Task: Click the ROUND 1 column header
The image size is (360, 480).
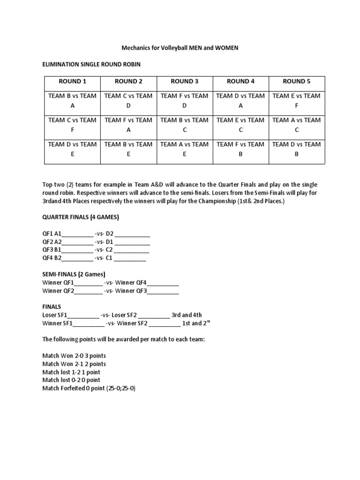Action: (72, 81)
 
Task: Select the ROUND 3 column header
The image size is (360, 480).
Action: (184, 81)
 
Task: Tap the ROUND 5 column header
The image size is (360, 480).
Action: (296, 81)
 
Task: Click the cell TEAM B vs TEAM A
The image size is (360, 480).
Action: (72, 101)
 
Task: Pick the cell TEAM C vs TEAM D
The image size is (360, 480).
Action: (128, 101)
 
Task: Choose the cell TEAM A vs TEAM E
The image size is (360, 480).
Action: (184, 149)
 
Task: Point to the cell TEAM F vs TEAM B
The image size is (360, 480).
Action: (240, 149)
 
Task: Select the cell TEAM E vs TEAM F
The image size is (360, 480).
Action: (296, 101)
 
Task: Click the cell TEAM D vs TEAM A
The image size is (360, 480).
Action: (240, 101)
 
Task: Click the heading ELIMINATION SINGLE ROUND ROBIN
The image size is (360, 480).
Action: (91, 64)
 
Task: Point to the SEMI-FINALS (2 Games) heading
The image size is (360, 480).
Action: (74, 274)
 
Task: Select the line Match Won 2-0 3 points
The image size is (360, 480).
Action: (74, 356)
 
